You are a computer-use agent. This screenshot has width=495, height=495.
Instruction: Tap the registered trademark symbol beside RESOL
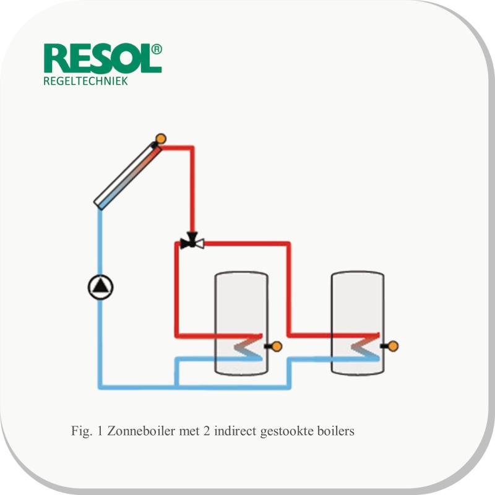[x=157, y=49]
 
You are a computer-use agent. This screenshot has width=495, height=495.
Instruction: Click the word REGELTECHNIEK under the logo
[x=85, y=81]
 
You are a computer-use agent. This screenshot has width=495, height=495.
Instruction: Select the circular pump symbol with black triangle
[x=100, y=287]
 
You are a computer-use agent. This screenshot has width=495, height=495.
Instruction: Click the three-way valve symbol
[x=192, y=241]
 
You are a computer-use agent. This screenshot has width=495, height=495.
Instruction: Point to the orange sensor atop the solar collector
[x=161, y=139]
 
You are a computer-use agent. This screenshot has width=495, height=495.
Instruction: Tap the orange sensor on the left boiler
[x=277, y=346]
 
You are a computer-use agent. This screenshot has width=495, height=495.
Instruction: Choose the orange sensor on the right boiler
[x=393, y=346]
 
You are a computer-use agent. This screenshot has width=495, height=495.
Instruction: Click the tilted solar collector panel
[x=128, y=176]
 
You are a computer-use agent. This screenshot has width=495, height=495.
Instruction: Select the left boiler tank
[x=241, y=323]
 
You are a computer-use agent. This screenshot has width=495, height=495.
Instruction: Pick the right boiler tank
[x=358, y=323]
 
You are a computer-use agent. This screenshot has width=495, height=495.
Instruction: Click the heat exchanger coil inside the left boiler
[x=249, y=346]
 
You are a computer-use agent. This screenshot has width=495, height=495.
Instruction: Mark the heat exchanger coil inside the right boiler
[x=365, y=346]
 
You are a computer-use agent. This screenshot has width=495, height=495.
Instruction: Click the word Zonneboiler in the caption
[x=141, y=431]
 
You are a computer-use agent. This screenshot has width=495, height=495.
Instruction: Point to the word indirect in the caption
[x=236, y=431]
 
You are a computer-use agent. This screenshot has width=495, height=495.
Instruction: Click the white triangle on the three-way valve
[x=200, y=243]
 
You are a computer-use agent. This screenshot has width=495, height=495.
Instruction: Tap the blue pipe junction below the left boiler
[x=177, y=386]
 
